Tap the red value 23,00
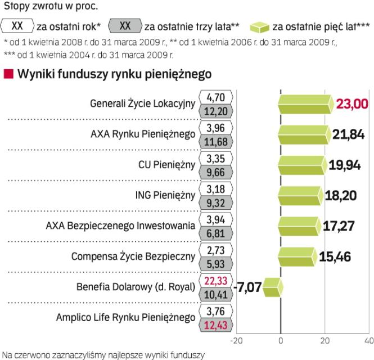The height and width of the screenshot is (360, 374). coord(352,104)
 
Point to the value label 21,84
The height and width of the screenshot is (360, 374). coord(349,134)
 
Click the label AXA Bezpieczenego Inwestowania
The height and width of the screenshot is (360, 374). coord(120,226)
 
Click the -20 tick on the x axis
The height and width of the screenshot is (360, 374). coord(237,340)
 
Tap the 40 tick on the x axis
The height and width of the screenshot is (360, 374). coord(369,340)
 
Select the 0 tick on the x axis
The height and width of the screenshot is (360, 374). coord(281,340)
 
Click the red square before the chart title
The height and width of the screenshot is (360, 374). coord(8,74)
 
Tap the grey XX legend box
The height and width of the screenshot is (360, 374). coord(124,25)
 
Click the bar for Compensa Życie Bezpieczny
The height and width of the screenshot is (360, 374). coord(297,256)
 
